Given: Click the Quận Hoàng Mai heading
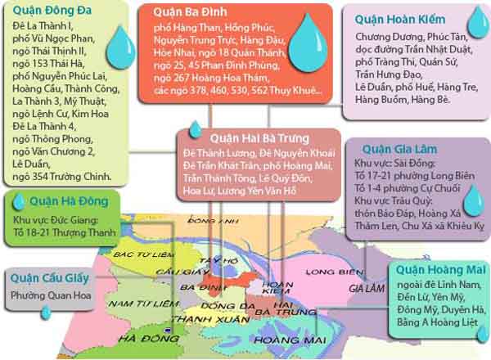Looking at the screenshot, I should point(431,269).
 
